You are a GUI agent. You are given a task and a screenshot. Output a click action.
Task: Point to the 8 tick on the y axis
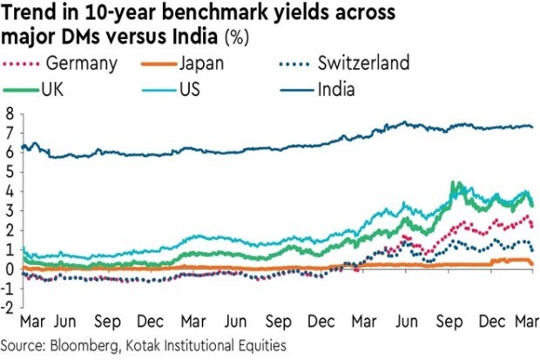[x=10, y=114]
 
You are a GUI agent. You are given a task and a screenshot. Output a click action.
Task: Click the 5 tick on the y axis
[x=10, y=172]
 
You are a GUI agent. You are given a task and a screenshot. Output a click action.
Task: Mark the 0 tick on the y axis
[x=10, y=268]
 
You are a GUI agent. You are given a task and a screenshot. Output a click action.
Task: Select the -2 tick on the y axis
[x=8, y=307]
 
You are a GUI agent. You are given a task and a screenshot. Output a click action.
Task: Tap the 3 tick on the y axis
[x=10, y=211]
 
